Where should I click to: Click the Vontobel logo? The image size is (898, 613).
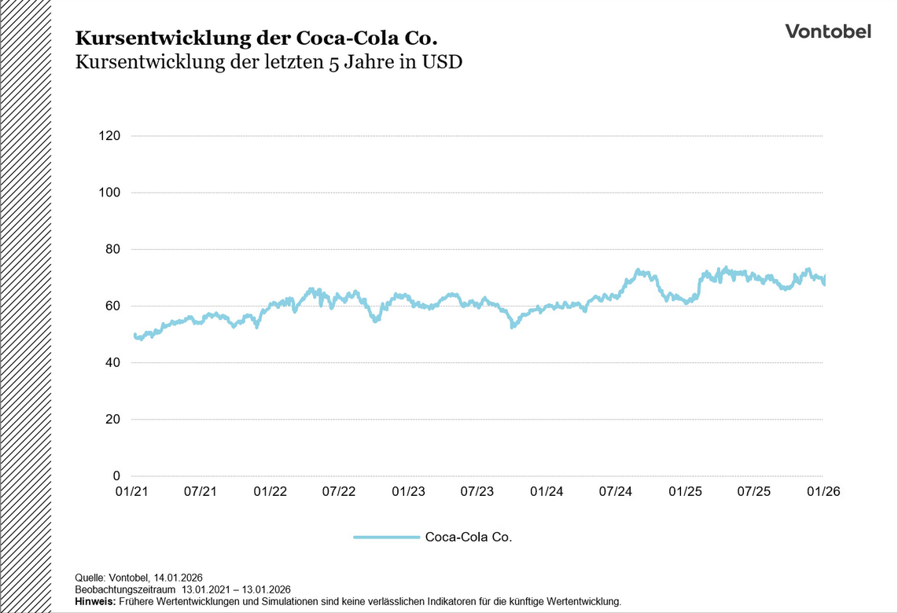coord(828,31)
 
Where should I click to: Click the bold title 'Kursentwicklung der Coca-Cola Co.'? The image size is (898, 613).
coord(256,38)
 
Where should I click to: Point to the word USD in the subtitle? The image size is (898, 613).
coord(441,63)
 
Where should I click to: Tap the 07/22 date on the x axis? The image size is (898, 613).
coord(339,491)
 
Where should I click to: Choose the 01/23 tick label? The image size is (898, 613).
coord(408,491)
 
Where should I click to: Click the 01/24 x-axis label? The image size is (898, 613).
coord(547,491)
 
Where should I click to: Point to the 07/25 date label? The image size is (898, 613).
coord(753,491)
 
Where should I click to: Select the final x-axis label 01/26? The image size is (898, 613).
coord(823,491)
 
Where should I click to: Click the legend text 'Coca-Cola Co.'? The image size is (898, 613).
coord(469,538)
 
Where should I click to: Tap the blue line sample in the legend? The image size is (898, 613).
coord(386,538)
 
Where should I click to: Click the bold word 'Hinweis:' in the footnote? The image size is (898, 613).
coord(95,601)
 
